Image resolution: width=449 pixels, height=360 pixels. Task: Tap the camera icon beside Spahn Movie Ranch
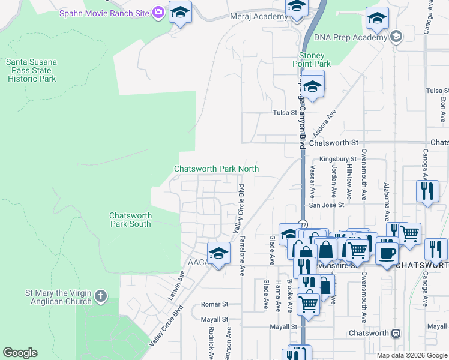[158, 11]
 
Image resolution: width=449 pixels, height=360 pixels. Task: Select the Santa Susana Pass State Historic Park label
[31, 70]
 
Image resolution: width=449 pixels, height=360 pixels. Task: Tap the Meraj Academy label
[259, 16]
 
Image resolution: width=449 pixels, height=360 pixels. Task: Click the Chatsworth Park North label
[216, 169]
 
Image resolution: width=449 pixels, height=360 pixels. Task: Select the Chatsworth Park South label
[130, 220]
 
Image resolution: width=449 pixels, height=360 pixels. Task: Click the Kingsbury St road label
[334, 159]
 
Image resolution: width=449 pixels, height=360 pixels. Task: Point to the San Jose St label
[327, 205]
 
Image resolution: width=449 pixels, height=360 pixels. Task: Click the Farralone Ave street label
[242, 255]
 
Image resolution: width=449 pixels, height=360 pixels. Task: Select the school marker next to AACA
[218, 252]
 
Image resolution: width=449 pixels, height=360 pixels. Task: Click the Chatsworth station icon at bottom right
[396, 333]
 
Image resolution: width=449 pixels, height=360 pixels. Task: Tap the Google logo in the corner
[20, 353]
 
